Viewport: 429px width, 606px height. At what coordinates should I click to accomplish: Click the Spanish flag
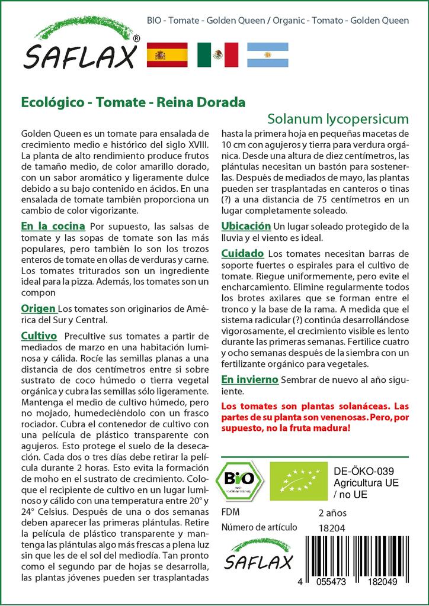167,54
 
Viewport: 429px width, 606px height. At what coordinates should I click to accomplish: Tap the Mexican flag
217,54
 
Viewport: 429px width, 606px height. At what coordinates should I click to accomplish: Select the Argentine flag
267,54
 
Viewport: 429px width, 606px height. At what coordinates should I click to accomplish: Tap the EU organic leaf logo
295,480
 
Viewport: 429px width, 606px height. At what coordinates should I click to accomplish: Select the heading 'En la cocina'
53,227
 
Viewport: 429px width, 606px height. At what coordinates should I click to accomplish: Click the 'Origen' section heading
39,309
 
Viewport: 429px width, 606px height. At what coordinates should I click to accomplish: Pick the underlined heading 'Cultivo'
39,336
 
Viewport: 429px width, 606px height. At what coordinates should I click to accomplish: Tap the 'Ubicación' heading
246,227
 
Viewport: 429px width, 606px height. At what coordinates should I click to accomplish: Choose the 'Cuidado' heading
242,253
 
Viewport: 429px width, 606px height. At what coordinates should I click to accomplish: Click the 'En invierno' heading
249,379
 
